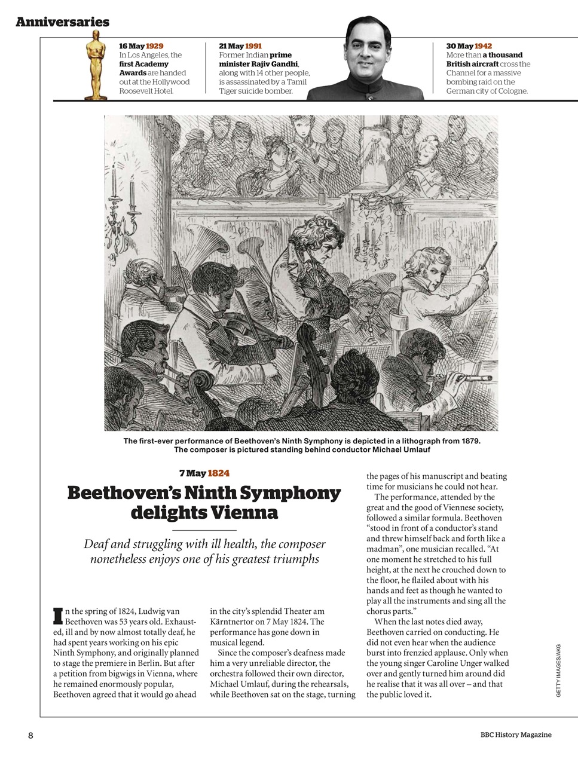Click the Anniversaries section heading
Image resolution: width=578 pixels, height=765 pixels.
(x=62, y=22)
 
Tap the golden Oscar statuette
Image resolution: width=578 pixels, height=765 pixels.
(x=95, y=66)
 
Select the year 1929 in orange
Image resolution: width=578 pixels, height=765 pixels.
(x=154, y=46)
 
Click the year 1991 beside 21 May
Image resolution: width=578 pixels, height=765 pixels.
(x=253, y=46)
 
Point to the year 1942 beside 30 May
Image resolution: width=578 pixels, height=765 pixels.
(x=483, y=46)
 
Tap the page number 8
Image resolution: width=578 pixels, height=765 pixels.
(x=30, y=735)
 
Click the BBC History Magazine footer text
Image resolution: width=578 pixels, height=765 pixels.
(x=515, y=735)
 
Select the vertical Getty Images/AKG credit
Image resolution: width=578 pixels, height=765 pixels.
(x=558, y=669)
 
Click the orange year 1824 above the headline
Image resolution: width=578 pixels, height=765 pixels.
(x=218, y=473)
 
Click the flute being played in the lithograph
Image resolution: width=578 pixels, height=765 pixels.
(x=454, y=377)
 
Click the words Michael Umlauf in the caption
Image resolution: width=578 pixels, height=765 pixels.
(x=400, y=449)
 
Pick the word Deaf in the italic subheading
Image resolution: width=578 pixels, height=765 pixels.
(x=96, y=544)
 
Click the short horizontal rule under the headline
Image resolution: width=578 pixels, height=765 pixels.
(x=204, y=530)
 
